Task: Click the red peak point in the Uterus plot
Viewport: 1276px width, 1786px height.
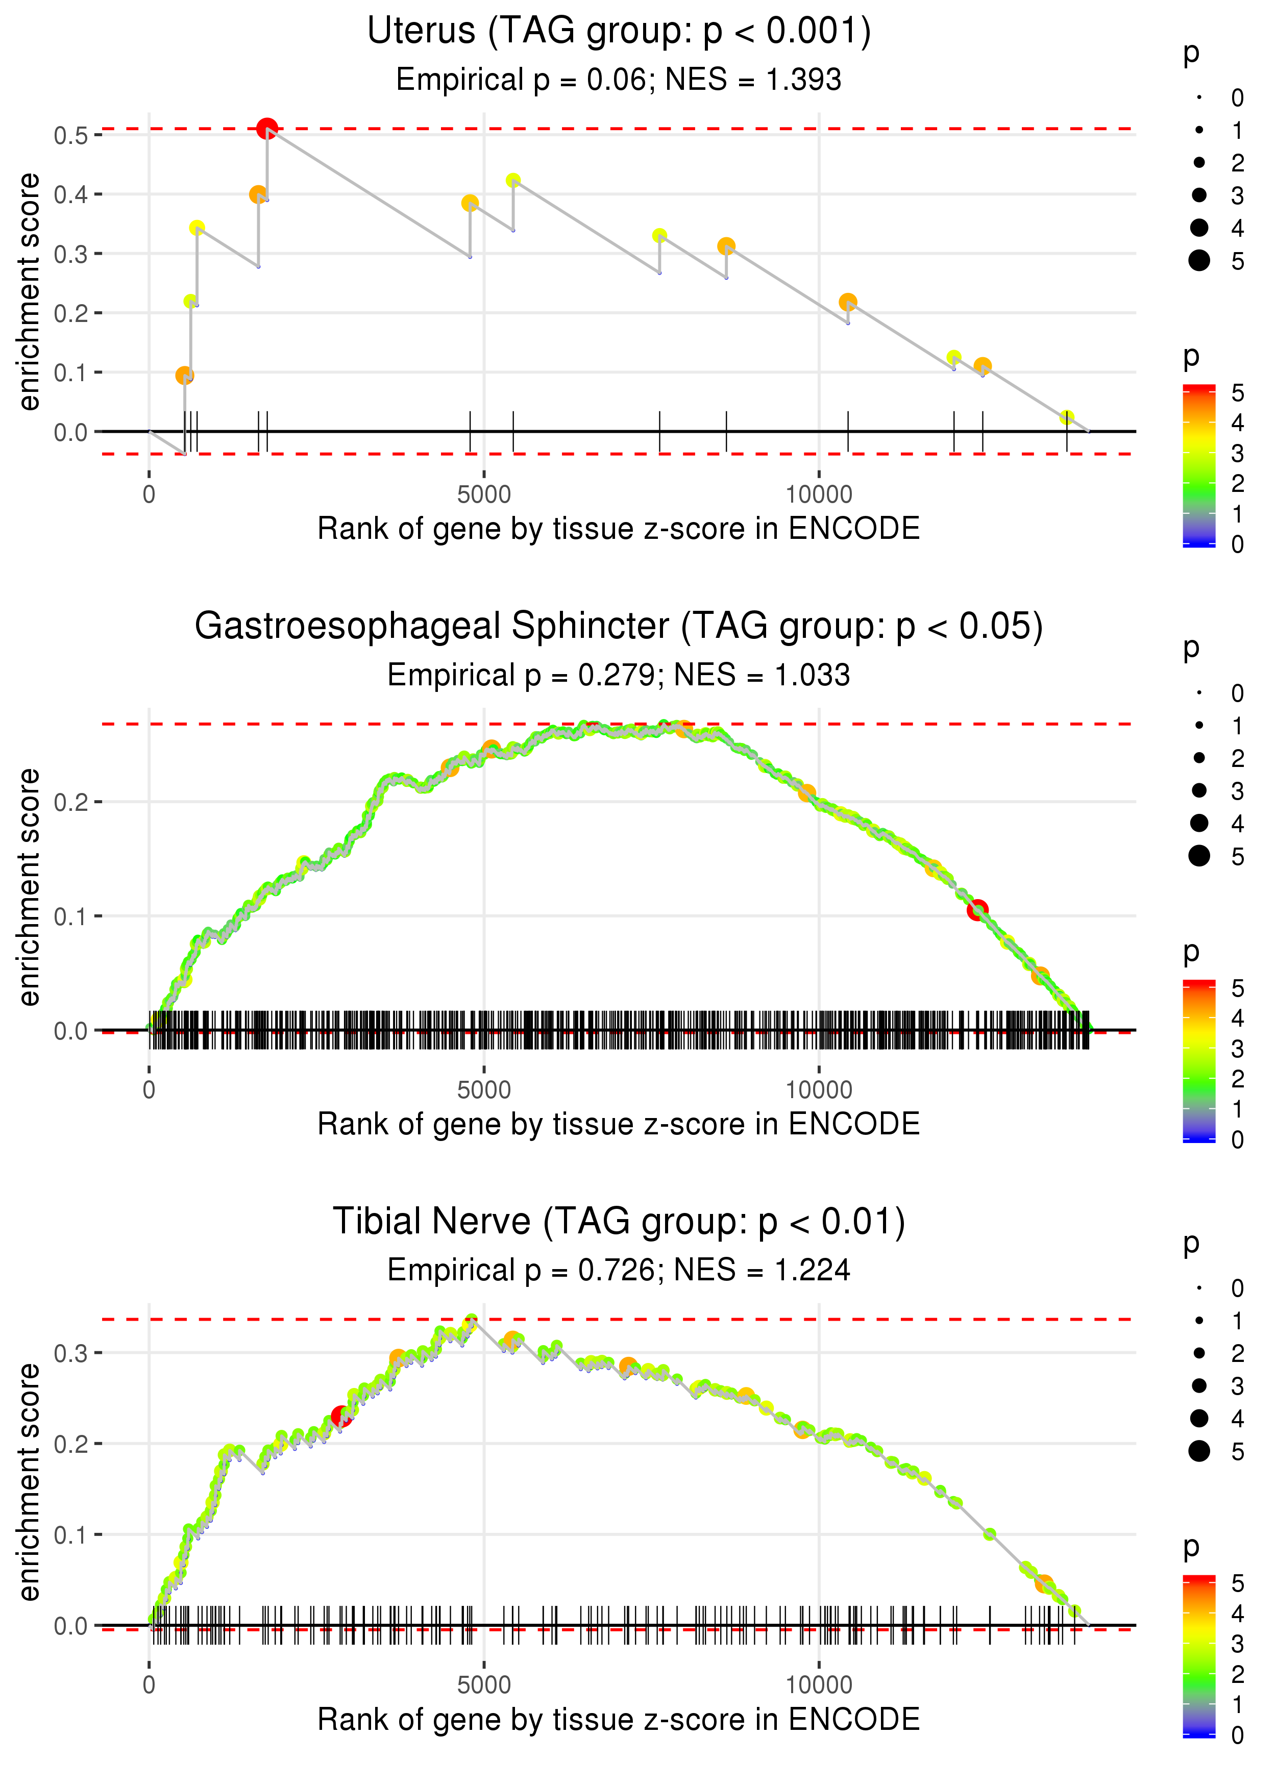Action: click(x=267, y=128)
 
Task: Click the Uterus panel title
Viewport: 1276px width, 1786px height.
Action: click(x=619, y=32)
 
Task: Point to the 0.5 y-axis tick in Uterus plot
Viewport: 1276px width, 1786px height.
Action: click(x=71, y=135)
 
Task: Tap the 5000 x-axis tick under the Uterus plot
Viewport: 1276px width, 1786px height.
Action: click(x=483, y=495)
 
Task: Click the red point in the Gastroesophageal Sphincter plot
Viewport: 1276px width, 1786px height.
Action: click(x=976, y=910)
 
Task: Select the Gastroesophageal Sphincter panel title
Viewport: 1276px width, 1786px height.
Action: click(x=619, y=627)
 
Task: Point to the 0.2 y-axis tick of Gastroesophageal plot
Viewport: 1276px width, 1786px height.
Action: click(x=71, y=802)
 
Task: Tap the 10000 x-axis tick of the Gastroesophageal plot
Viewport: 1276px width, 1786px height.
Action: click(x=819, y=1090)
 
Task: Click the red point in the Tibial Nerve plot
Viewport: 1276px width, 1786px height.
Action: click(x=341, y=1416)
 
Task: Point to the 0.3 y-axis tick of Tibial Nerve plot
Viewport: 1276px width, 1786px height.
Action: click(x=71, y=1352)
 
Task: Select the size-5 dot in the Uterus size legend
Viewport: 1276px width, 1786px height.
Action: click(x=1199, y=260)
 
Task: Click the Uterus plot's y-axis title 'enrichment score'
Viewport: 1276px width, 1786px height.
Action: click(x=29, y=292)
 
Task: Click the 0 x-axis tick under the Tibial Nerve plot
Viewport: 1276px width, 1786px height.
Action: click(x=149, y=1684)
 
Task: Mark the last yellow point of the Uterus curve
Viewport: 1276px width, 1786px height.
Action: click(x=1066, y=417)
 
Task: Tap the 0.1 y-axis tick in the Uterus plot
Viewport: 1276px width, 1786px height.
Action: click(x=71, y=373)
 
